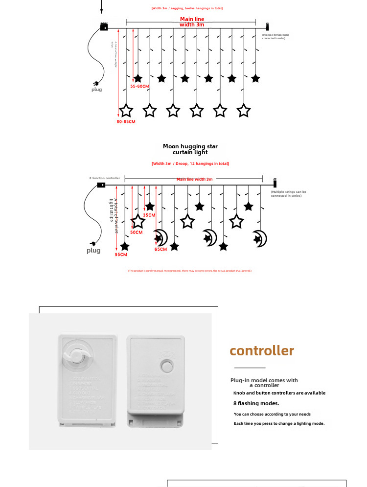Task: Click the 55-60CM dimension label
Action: pos(139,86)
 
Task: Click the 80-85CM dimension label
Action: pos(126,121)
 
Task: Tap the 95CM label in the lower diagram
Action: pos(121,255)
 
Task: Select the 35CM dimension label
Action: pos(149,215)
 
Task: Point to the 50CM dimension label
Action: pos(137,232)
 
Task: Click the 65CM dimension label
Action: pos(161,249)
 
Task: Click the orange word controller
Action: pos(262,351)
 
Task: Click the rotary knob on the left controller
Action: pos(76,356)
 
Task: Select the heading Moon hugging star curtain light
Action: pos(190,149)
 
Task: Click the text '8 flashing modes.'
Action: pos(256,404)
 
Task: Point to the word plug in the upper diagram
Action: pos(97,90)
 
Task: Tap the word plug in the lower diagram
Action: pos(93,251)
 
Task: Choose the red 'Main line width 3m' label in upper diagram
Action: pos(192,22)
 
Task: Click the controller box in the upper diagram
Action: pos(104,27)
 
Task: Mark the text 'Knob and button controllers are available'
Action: pos(279,393)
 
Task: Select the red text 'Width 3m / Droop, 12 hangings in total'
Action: pos(190,163)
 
